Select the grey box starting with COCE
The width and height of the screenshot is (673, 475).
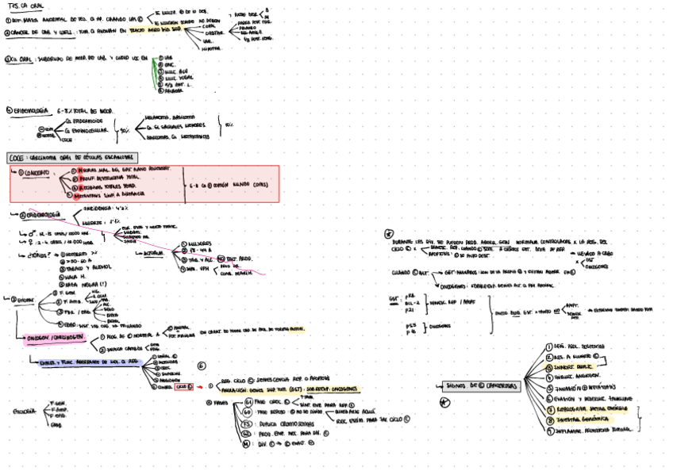(72, 158)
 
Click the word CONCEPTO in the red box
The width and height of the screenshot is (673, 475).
(34, 172)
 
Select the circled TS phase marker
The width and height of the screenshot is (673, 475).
(248, 422)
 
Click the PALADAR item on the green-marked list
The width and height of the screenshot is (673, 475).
(168, 91)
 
